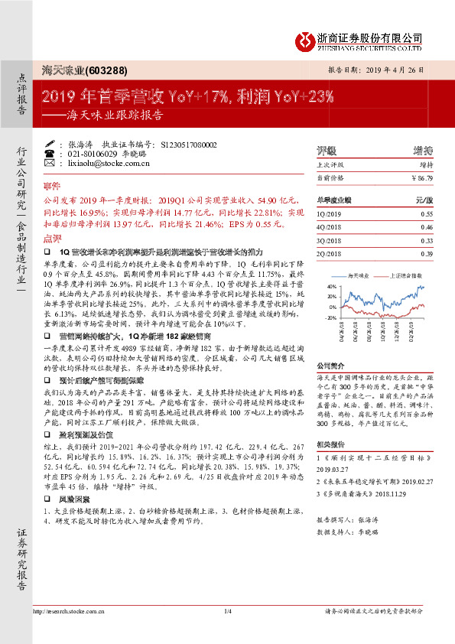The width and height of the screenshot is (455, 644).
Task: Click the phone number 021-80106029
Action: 91,154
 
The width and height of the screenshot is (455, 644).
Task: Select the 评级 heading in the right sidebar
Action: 327,150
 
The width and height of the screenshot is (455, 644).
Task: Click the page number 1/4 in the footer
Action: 227,610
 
